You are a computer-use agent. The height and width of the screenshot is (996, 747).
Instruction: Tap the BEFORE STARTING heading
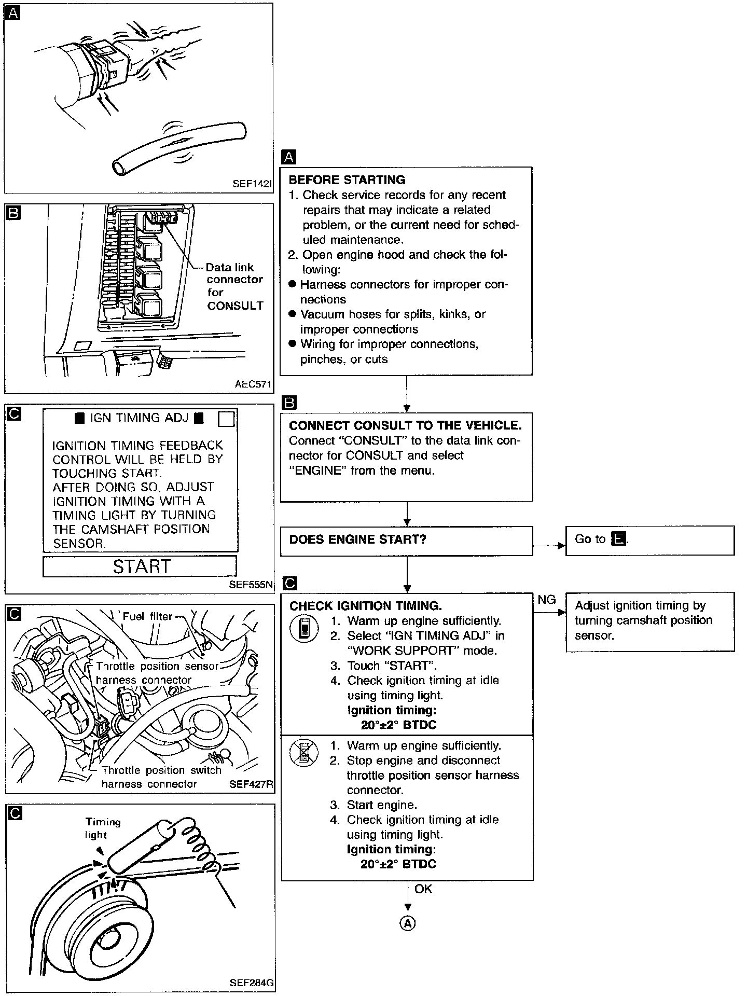(347, 180)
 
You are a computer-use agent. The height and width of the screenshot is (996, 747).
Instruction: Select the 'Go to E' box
(649, 541)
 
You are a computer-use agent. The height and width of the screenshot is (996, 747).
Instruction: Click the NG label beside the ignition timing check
(547, 600)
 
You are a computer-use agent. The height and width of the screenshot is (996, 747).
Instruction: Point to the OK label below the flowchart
(423, 889)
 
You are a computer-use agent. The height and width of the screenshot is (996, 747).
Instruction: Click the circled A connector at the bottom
(408, 923)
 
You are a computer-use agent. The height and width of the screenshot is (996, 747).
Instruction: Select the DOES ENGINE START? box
(406, 541)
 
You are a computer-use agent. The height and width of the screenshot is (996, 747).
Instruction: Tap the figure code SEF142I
(252, 184)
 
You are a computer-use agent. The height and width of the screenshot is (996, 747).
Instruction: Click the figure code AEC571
(253, 385)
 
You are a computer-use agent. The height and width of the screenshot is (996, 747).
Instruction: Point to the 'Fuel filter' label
(147, 616)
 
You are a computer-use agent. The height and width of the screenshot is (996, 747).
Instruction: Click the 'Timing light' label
(103, 828)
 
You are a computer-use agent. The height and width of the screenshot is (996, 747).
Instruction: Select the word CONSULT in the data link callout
(235, 306)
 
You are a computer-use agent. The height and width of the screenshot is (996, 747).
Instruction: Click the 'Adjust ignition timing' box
(649, 621)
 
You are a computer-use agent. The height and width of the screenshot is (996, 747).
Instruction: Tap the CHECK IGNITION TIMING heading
(366, 606)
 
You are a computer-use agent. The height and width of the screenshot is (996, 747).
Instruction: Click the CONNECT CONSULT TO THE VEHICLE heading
(405, 426)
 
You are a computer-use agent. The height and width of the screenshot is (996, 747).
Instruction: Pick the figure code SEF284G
(252, 983)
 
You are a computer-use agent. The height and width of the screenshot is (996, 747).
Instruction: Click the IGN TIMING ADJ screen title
(139, 418)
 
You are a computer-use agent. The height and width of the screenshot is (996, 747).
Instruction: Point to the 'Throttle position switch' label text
(162, 770)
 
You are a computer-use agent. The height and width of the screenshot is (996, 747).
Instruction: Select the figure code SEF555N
(251, 585)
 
